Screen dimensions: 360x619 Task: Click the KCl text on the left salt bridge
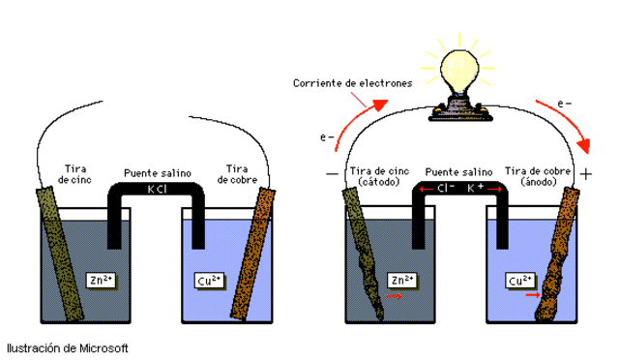click(156, 189)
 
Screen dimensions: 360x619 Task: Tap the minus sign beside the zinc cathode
click(333, 175)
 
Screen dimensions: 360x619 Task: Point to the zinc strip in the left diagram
click(61, 252)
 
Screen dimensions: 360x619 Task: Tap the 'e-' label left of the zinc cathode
click(328, 137)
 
